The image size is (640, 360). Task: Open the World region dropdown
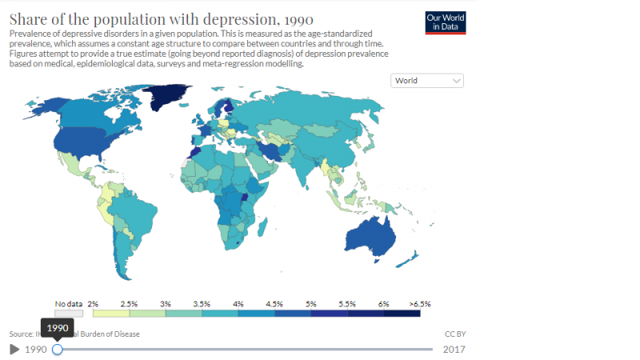tap(428, 81)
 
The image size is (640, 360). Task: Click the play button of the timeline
tap(14, 349)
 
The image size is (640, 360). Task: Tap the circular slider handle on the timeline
tap(57, 349)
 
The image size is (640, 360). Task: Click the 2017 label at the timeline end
tap(453, 349)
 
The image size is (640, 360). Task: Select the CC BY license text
tap(454, 334)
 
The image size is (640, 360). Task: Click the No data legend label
tap(70, 304)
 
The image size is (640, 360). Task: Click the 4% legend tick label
tap(238, 304)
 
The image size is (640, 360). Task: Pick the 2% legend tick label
tap(92, 304)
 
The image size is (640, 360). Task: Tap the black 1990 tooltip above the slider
tap(57, 327)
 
